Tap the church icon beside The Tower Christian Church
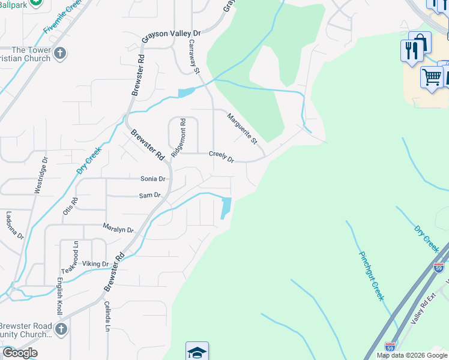tap(59, 54)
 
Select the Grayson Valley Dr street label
tap(170, 38)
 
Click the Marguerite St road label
tap(242, 128)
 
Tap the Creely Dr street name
tap(221, 157)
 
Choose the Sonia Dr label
tap(152, 179)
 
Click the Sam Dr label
tap(149, 195)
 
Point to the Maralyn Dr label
tap(118, 229)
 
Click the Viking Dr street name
tap(95, 263)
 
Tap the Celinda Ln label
tap(107, 317)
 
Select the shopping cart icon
tap(432, 77)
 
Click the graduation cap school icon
tap(197, 352)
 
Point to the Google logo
tap(20, 352)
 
